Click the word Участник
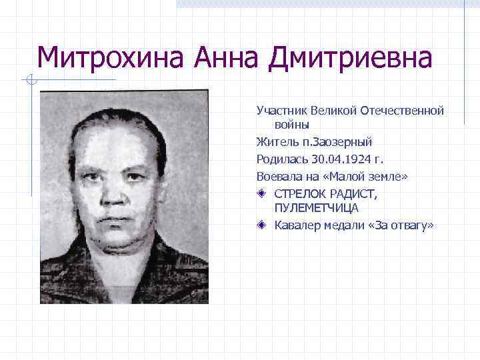tap(281, 109)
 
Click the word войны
tap(291, 124)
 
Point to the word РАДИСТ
tap(353, 193)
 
